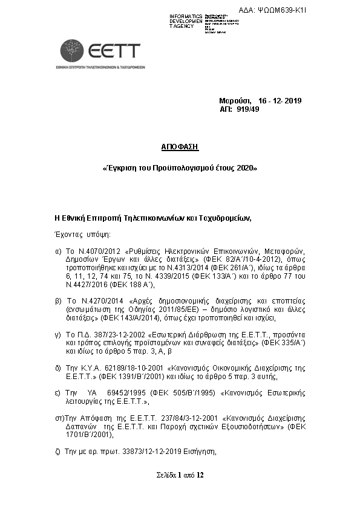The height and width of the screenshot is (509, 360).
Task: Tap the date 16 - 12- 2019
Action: (279, 100)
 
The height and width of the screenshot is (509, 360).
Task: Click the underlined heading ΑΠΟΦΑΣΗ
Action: (180, 147)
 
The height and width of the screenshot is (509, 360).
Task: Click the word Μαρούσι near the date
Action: (235, 100)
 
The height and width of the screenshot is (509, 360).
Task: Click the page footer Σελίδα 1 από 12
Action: (180, 475)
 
